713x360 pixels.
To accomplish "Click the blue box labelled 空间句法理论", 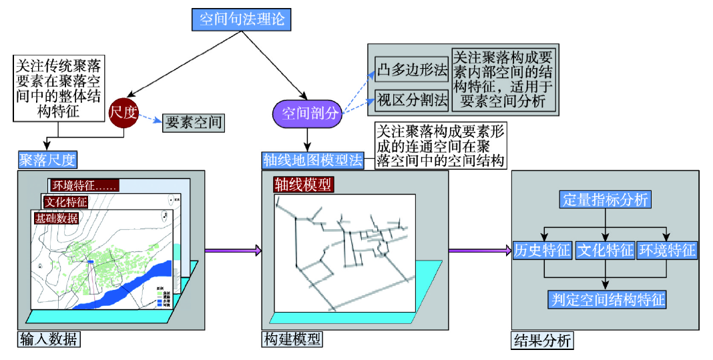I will click(x=242, y=19).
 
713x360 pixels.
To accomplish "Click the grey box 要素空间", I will click(x=192, y=122).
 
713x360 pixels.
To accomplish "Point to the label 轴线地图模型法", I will click(x=312, y=160).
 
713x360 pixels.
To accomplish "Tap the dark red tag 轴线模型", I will click(x=302, y=184).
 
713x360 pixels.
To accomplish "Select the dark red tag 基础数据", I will click(x=55, y=218).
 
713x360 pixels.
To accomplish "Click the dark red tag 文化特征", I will click(x=65, y=202).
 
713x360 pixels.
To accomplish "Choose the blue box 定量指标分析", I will click(x=605, y=199).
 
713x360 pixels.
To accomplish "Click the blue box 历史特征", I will click(x=542, y=250).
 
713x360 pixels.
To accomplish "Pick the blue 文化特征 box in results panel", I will click(x=604, y=250).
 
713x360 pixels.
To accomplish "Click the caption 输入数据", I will click(x=49, y=339).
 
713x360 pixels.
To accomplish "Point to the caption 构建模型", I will click(x=291, y=339).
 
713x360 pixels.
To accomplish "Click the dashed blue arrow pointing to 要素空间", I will click(x=151, y=119).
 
